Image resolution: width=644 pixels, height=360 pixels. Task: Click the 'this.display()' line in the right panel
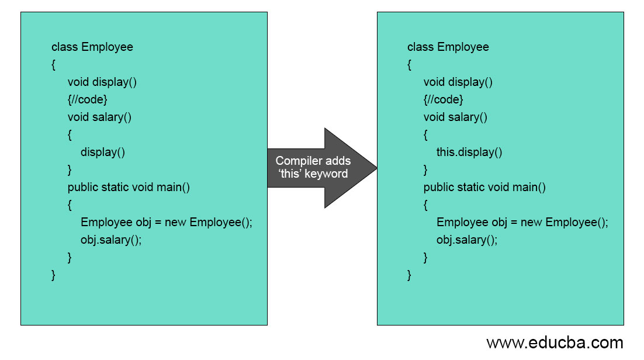click(469, 153)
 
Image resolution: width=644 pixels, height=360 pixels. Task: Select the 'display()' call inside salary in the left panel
click(103, 153)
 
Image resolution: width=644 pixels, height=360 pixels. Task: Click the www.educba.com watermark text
click(555, 342)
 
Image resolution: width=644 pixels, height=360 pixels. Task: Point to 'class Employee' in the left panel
click(92, 47)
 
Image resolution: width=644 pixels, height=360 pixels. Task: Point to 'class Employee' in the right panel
click(448, 47)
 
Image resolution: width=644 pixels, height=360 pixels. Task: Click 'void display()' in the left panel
click(102, 82)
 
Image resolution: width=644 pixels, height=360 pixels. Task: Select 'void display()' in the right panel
click(458, 82)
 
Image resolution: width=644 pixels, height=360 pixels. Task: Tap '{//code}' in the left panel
click(88, 100)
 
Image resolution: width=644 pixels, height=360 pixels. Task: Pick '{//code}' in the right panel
click(444, 100)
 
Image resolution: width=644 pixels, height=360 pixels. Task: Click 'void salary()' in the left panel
click(99, 117)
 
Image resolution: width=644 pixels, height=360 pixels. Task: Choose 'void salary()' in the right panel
click(455, 117)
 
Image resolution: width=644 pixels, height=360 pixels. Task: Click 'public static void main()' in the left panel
click(129, 188)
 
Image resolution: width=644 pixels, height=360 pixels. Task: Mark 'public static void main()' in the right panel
click(484, 188)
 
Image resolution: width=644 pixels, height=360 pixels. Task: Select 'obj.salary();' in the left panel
click(111, 240)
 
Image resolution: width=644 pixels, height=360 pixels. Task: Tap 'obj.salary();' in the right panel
click(467, 240)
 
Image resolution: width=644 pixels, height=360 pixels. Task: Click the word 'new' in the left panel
click(175, 223)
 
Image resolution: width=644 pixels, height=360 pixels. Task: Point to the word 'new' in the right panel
click(531, 223)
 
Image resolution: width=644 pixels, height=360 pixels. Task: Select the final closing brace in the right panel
click(409, 275)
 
